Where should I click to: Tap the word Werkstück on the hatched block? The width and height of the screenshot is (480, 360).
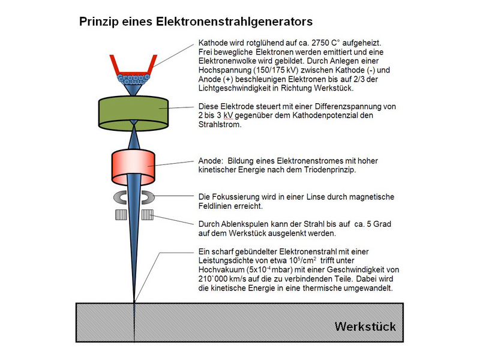366,327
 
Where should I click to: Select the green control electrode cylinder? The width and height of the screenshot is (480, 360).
133,109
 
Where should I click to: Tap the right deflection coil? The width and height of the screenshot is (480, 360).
147,215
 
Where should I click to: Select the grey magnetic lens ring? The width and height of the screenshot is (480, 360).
133,197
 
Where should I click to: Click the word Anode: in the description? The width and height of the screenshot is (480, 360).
211,161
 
